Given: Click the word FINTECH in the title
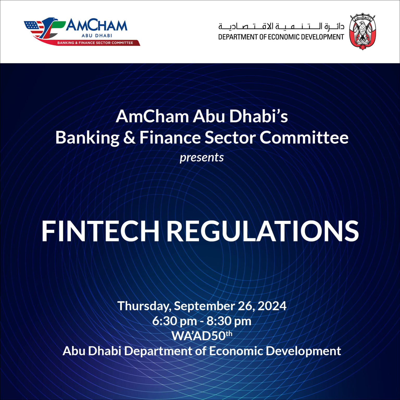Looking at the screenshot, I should (100, 231).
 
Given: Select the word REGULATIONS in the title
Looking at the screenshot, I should (262, 231).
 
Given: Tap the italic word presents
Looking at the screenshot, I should (202, 158).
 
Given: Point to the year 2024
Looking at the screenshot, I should (272, 306).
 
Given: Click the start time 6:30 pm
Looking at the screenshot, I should (174, 321).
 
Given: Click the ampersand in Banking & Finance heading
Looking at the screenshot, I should (129, 138).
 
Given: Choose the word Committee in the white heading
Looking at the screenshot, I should (304, 138).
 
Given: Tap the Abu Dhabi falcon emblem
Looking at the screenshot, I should (362, 32).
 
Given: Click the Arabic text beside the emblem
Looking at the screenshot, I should (281, 26).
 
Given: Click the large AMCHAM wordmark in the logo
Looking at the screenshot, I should (96, 26).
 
